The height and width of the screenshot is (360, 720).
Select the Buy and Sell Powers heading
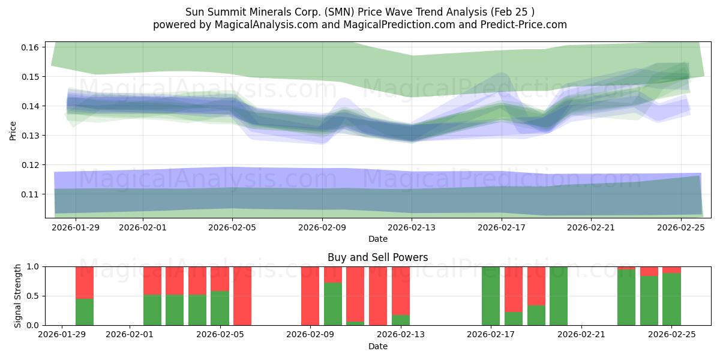coord(377,257)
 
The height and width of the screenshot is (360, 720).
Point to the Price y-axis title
coord(13,130)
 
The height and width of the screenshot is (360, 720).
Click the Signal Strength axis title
coord(18,296)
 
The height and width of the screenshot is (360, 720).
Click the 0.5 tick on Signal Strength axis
coord(32,296)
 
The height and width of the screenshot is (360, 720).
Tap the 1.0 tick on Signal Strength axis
coord(32,266)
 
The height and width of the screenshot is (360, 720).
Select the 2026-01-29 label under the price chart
coord(76,228)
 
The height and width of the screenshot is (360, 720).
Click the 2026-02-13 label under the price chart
coord(412,228)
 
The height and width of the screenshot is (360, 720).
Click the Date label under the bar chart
coord(377,346)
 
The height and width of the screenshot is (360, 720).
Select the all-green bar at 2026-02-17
coord(491,296)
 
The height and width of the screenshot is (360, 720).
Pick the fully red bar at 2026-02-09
coord(310,296)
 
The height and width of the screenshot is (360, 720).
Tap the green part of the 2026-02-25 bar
coord(671,299)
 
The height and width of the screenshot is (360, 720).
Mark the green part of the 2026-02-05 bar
coord(220,308)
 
